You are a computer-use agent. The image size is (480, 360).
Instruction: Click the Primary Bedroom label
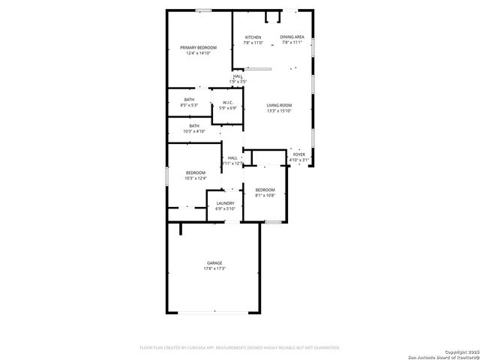[198, 47]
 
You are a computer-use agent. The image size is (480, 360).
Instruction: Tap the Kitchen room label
[253, 37]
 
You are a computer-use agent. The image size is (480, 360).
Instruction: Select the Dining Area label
[292, 37]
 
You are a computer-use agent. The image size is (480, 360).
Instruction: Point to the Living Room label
[279, 105]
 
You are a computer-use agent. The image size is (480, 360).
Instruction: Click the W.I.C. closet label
[227, 103]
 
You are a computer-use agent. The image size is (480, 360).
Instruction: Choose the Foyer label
[298, 154]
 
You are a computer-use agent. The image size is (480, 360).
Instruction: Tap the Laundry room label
[225, 203]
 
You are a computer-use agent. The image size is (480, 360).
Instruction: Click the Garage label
[214, 262]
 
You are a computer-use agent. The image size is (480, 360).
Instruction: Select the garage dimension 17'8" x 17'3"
[214, 268]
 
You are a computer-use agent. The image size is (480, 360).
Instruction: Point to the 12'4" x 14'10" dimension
[198, 53]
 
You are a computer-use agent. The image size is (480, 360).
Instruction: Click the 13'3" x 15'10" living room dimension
[279, 111]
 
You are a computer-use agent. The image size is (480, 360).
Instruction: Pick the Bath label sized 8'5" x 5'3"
[189, 100]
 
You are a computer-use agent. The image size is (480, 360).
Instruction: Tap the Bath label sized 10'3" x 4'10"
[194, 126]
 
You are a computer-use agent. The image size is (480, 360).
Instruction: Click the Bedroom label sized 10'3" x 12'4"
[195, 173]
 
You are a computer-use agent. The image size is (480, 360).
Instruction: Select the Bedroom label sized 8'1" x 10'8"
[265, 190]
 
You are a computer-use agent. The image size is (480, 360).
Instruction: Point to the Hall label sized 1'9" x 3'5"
[237, 76]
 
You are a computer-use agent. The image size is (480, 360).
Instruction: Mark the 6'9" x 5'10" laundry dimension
[225, 208]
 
